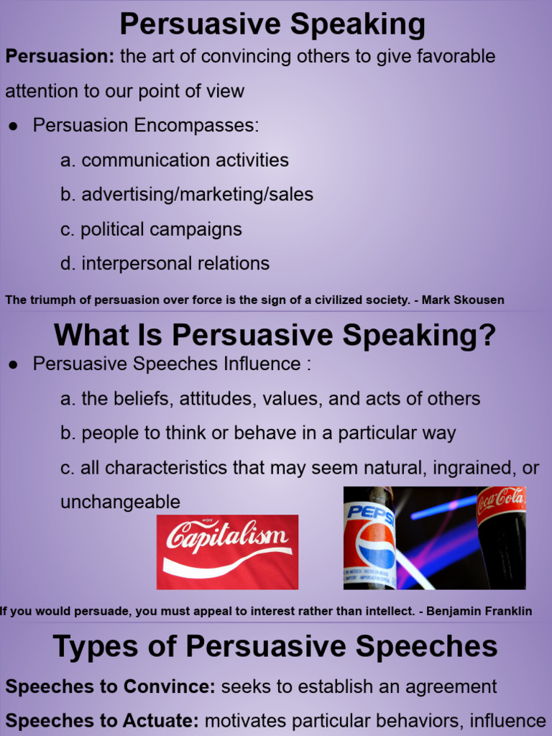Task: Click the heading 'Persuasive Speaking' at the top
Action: click(x=272, y=24)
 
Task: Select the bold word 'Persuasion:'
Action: click(x=60, y=57)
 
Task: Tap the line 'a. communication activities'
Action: click(x=175, y=160)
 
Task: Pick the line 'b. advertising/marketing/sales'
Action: click(x=187, y=195)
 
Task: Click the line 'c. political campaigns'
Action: click(x=151, y=229)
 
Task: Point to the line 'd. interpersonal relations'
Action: click(x=165, y=264)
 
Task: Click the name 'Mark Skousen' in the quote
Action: click(x=463, y=300)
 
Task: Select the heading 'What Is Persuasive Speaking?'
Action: click(x=275, y=335)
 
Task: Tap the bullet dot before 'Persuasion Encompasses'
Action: click(x=14, y=126)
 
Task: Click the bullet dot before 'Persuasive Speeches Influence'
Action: click(x=14, y=365)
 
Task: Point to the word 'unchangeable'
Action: click(x=120, y=502)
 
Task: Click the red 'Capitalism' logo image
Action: click(x=227, y=551)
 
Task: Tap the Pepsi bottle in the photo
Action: click(x=369, y=539)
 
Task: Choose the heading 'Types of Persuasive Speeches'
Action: click(x=275, y=647)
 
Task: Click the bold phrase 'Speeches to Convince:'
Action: click(x=110, y=686)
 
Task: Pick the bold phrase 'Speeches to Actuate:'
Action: click(x=101, y=721)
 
